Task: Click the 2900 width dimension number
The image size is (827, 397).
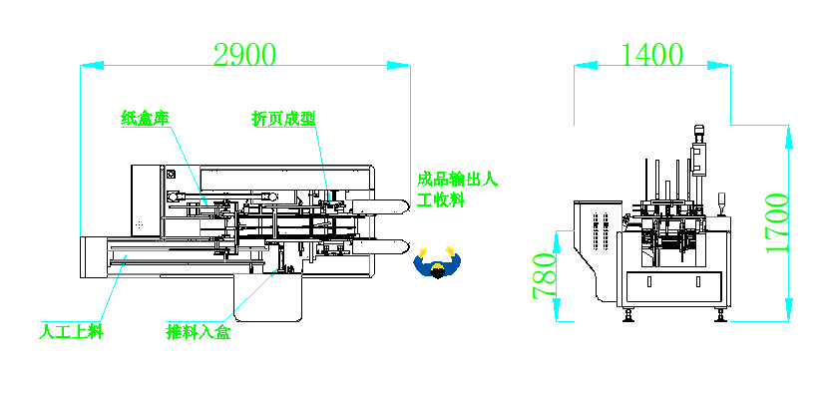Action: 244,54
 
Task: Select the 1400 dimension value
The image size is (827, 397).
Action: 651,54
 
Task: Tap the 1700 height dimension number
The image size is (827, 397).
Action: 777,223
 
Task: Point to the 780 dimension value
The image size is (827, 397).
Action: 545,276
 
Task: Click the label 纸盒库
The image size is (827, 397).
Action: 145,118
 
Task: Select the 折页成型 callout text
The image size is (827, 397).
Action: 283,119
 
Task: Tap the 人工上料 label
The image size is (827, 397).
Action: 71,333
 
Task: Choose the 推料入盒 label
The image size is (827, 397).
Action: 199,333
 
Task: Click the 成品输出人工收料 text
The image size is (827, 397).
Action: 457,190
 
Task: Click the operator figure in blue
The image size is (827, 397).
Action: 437,262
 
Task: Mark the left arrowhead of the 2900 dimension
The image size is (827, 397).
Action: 91,66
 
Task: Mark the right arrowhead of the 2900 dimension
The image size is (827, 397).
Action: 399,66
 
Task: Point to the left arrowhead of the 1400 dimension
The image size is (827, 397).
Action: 586,66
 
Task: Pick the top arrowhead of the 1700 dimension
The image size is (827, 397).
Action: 789,137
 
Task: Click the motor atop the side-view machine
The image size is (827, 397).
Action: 699,134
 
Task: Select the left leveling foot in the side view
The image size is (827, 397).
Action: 628,315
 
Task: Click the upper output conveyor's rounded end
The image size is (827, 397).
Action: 406,206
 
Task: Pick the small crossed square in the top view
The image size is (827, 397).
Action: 171,175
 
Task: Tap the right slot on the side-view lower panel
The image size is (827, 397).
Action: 697,282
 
